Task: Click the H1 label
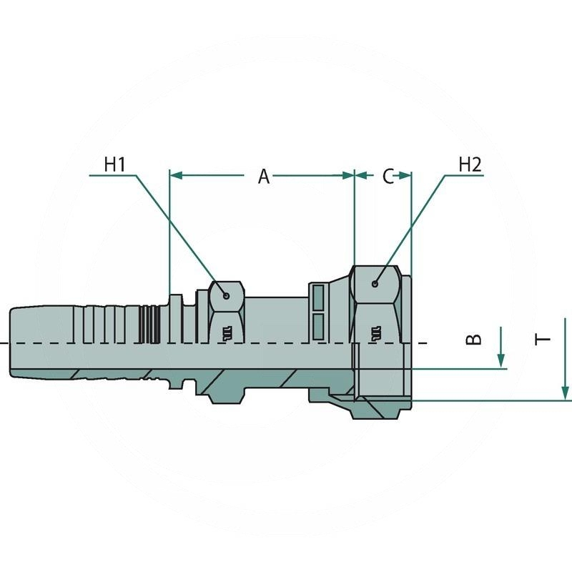tap(114, 164)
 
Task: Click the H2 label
tap(470, 164)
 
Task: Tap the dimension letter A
tap(264, 177)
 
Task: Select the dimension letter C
tap(388, 177)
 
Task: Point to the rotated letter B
tap(474, 339)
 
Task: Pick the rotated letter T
tap(543, 340)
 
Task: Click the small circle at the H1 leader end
tap(227, 296)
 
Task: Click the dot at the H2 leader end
tap(375, 283)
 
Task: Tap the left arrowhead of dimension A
tap(176, 175)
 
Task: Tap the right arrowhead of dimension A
tap(348, 175)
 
